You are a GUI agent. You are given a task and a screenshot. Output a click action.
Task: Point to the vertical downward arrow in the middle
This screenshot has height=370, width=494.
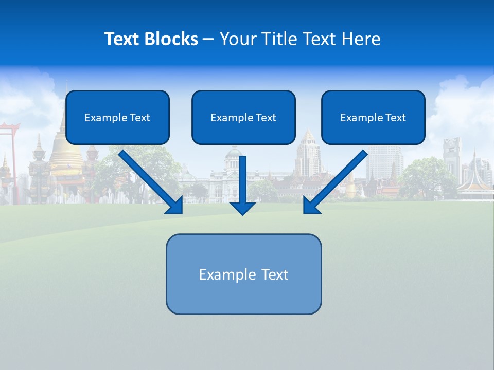pos(242,185)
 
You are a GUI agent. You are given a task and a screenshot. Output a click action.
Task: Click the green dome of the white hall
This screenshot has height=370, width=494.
pos(233,153)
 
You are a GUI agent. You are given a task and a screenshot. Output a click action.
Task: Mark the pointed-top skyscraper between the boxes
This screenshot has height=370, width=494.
pos(308,152)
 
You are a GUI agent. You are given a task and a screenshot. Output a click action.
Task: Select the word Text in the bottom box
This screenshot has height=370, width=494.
pos(275,274)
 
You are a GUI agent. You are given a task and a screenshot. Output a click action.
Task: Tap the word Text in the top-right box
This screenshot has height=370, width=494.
pos(395,118)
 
